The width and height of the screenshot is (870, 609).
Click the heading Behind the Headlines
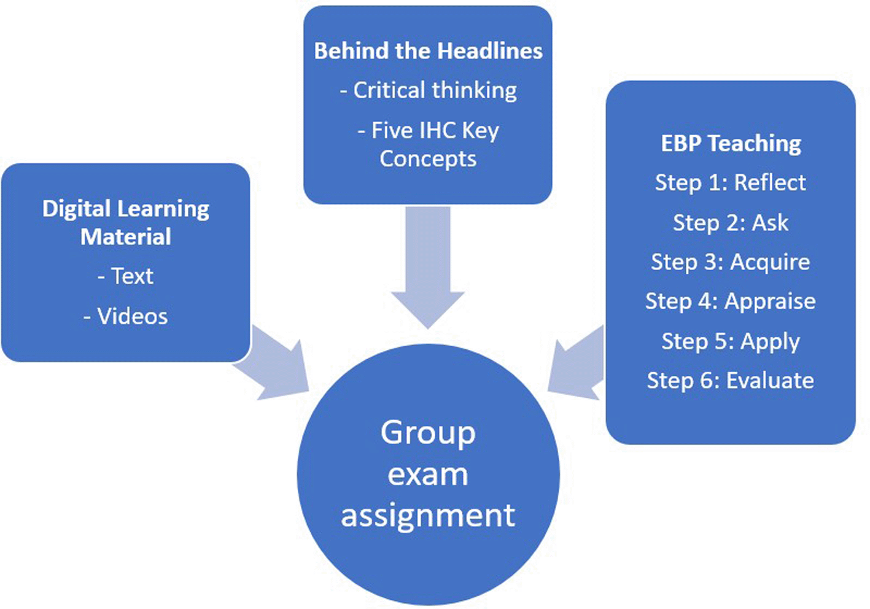tap(428, 51)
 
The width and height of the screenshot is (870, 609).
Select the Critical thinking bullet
tap(428, 90)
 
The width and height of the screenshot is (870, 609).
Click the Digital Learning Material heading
tap(126, 222)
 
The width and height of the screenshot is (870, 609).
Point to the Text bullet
tap(126, 276)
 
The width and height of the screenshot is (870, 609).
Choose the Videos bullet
tap(126, 316)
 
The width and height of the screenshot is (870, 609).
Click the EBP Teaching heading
tap(731, 144)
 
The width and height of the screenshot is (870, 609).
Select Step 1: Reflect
tap(731, 182)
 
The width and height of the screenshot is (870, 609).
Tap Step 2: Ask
tap(731, 222)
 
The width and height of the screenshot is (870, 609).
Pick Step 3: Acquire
tap(731, 262)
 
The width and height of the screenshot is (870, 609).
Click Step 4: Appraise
tap(731, 301)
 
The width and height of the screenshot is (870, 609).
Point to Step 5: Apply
tap(731, 341)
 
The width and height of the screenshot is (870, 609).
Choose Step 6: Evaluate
tap(731, 381)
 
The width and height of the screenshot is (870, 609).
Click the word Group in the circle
tap(428, 433)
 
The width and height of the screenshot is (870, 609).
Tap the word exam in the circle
tap(428, 475)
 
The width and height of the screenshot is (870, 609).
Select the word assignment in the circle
tap(428, 515)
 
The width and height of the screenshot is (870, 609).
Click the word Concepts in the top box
tap(428, 159)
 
